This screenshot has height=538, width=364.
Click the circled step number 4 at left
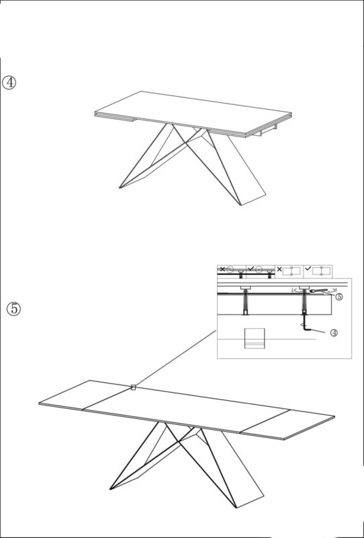coord(9,83)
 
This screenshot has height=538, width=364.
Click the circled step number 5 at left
coord(14,309)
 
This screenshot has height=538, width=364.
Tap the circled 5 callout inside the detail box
coord(338,297)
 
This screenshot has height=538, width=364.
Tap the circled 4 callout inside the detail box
coord(334,332)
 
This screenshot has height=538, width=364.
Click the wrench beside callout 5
coord(319,291)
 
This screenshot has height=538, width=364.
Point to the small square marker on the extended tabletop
coord(134,388)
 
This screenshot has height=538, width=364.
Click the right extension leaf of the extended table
coord(288,424)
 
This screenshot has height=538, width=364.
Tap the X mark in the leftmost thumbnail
coord(222,268)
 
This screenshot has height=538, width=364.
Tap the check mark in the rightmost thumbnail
coord(308,268)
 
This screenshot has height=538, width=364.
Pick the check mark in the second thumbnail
coord(251,268)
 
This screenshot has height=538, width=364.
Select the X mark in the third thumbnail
coord(279,269)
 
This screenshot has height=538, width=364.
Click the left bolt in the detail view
coord(246,301)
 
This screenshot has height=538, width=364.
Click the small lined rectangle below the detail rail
coord(255,338)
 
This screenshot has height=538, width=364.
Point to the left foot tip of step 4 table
coord(120,188)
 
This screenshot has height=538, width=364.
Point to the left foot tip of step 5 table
coord(110,489)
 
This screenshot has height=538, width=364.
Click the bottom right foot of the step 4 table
coord(254,200)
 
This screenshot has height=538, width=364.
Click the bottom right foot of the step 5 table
coord(251,502)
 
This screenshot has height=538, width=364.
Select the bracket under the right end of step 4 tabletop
coord(267,130)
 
